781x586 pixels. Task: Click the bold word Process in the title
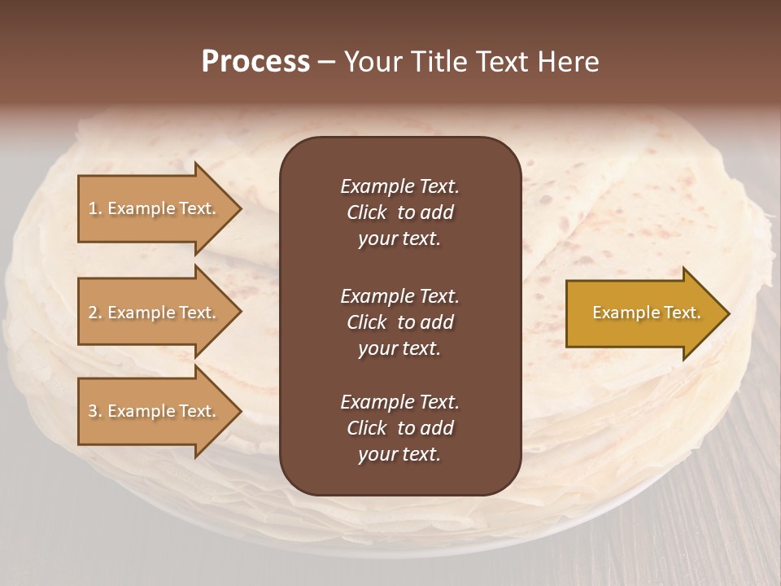255,62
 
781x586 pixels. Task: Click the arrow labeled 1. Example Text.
155,208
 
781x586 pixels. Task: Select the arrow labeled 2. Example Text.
155,313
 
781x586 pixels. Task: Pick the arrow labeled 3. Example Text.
155,411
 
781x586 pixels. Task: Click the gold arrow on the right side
643,313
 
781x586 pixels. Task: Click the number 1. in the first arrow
95,208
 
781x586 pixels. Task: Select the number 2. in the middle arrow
95,313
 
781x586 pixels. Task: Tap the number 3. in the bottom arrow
95,411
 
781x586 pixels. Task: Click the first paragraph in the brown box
399,212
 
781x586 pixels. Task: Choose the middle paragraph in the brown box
399,321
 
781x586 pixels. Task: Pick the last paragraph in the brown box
399,428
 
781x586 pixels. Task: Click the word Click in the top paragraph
366,212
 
